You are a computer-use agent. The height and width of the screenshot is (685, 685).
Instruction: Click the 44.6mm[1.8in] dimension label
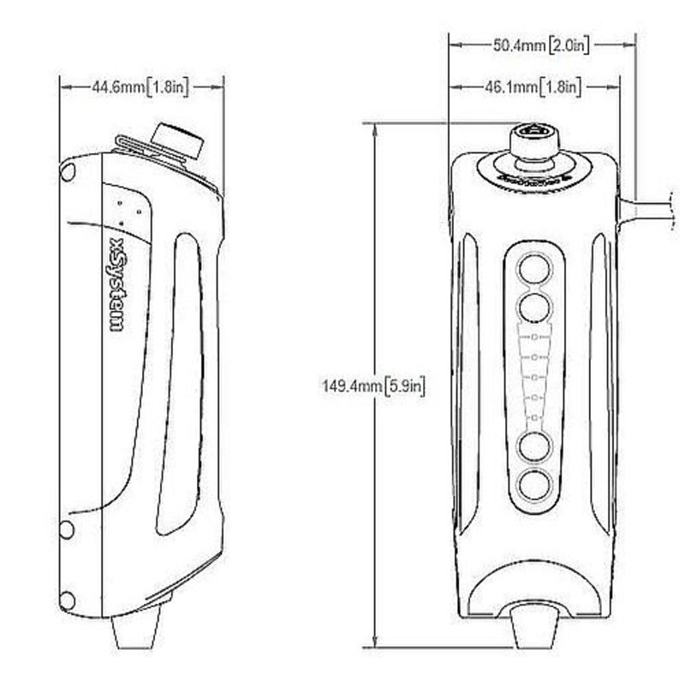click(140, 86)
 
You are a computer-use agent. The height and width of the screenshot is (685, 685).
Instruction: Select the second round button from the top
click(535, 305)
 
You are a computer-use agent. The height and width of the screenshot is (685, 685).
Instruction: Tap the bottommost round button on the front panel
click(535, 484)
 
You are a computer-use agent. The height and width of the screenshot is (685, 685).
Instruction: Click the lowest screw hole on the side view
click(66, 600)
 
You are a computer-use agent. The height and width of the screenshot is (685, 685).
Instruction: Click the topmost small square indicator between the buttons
click(535, 336)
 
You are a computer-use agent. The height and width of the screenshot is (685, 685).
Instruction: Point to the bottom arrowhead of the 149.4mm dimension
click(373, 643)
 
